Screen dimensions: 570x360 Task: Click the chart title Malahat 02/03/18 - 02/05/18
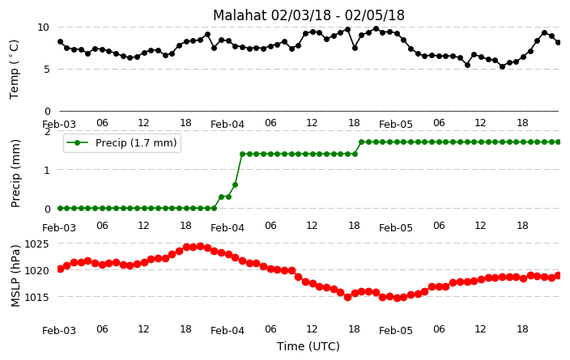click(308, 15)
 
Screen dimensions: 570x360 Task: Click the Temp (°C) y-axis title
click(14, 70)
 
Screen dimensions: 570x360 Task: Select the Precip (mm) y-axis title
click(15, 174)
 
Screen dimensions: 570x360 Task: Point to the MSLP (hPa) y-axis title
click(15, 276)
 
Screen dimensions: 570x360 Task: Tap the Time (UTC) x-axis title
click(308, 346)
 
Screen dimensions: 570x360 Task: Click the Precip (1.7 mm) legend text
click(136, 142)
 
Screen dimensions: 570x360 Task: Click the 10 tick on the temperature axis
click(43, 28)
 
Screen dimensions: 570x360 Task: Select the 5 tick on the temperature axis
click(46, 70)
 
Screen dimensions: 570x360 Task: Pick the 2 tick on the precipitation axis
click(47, 132)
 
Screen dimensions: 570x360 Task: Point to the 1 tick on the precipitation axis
click(47, 170)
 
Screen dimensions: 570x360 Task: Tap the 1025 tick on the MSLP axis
click(36, 244)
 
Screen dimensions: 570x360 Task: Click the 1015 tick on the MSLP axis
click(36, 298)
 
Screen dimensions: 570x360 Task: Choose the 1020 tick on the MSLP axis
click(36, 271)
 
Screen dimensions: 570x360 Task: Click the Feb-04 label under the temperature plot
click(228, 125)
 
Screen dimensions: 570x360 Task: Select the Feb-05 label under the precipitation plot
click(395, 228)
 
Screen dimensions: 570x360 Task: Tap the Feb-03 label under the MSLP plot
click(59, 331)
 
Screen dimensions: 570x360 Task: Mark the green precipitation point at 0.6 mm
click(235, 185)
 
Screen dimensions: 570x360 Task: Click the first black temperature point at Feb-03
click(61, 42)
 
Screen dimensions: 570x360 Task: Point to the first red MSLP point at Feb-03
click(61, 269)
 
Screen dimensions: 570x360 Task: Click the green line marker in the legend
click(78, 142)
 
